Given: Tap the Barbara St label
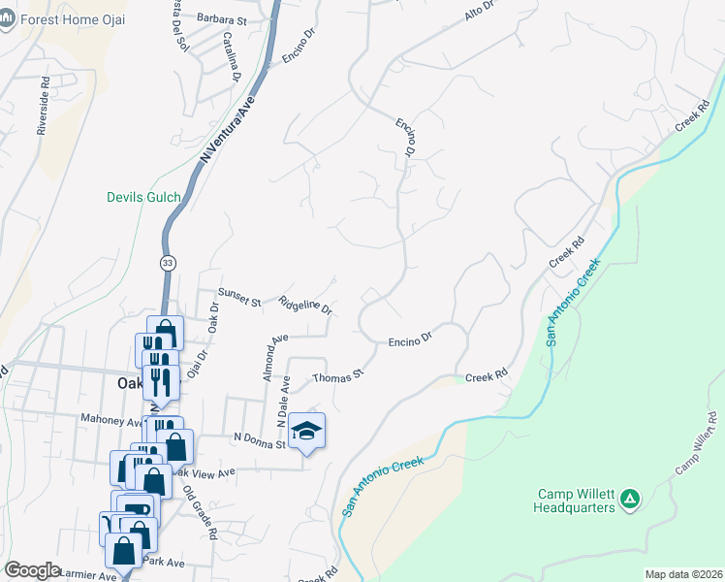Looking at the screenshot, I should point(222,18).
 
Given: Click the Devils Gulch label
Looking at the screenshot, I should point(143,198).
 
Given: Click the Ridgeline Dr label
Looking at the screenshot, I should point(305,306).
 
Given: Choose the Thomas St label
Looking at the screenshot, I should point(337,373).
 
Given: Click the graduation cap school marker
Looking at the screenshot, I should point(306,431).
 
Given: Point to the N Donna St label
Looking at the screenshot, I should point(259,440).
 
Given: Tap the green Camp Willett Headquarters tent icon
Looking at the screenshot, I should point(630,500).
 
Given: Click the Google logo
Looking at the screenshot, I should point(32,570).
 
